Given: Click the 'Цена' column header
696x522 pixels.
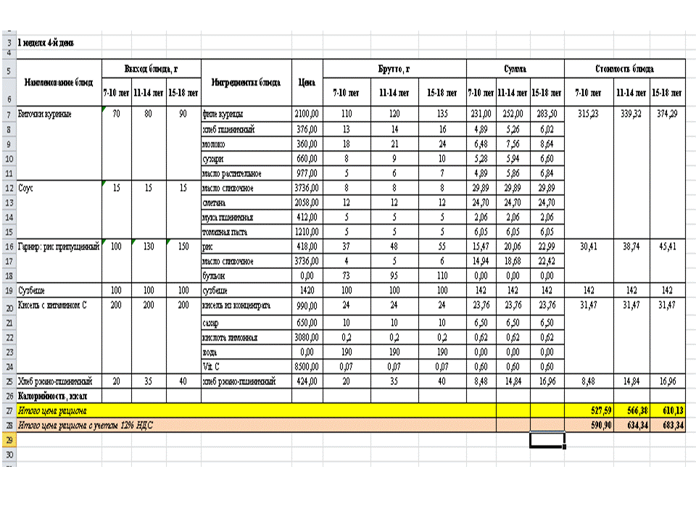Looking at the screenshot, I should [306, 82].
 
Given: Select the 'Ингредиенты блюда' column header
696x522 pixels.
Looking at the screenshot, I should [246, 82].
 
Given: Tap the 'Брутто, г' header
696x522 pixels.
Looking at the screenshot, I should [394, 69].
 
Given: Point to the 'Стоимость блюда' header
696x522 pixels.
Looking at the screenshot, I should [624, 69].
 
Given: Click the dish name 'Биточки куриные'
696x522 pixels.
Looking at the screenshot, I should [44, 114].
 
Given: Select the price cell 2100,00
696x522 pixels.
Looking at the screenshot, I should [306, 114].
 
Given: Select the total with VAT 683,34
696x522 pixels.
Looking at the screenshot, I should [668, 424].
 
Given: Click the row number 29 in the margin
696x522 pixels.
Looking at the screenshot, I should [9, 439].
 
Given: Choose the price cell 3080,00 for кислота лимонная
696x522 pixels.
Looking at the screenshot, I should [306, 337].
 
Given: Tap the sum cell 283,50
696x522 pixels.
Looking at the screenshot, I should [547, 114].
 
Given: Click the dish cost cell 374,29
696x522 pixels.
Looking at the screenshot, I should [668, 114].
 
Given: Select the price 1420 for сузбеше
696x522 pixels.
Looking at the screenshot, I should [306, 290].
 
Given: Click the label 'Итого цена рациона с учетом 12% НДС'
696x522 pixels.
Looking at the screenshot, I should [88, 424].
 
